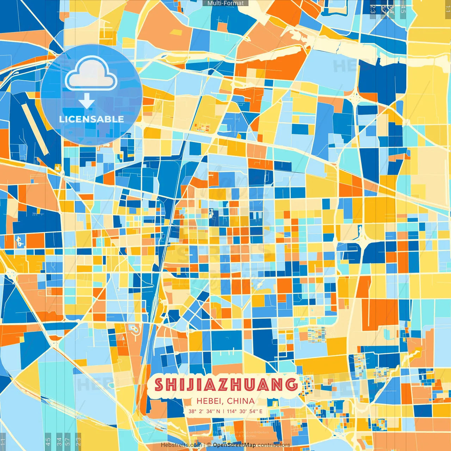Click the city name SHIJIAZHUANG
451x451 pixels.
coord(225,384)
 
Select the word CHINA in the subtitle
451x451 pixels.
coord(241,401)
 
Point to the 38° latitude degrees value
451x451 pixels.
coord(192,411)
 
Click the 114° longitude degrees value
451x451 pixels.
coord(231,411)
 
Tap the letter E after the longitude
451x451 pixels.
coord(261,411)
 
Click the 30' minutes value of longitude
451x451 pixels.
coord(243,411)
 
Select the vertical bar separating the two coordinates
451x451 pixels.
coord(223,411)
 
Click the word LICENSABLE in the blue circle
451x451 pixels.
coord(92,119)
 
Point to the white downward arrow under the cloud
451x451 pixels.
coord(87,101)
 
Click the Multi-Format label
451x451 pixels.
coord(225,3)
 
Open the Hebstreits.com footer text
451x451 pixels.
coord(181,445)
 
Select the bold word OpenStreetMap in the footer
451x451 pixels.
coord(234,445)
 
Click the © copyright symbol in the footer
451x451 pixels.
coord(209,445)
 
